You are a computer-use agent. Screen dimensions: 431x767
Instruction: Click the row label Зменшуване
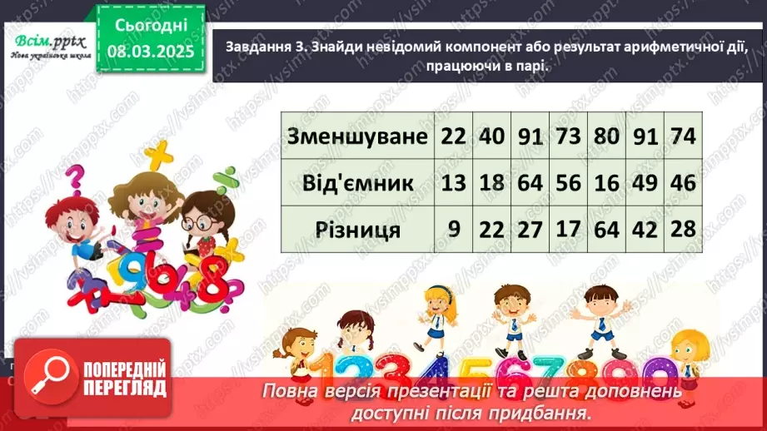(x=357, y=136)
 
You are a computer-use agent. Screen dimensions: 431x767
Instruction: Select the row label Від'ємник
(x=357, y=182)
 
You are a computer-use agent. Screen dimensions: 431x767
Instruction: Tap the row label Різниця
(x=357, y=229)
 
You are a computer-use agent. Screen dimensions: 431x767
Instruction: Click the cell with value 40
(x=491, y=136)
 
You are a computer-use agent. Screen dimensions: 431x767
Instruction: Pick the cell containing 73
(x=569, y=136)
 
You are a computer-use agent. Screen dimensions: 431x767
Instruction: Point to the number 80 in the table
(x=606, y=136)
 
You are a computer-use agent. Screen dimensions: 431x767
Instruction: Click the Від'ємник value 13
(x=454, y=182)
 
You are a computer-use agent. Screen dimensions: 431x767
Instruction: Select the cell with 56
(x=569, y=182)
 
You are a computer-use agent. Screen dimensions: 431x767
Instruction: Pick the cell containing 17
(x=569, y=229)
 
